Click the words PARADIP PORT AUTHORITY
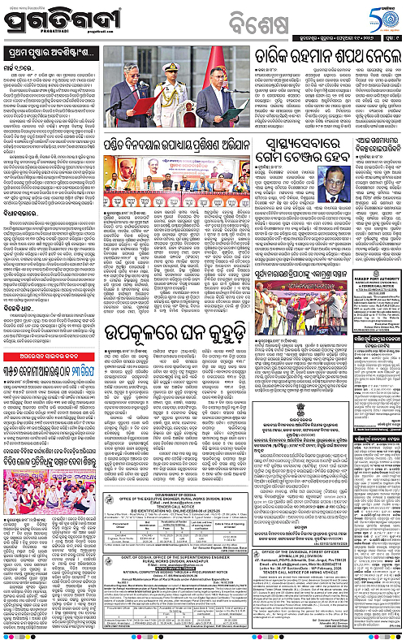[x=373, y=287]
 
